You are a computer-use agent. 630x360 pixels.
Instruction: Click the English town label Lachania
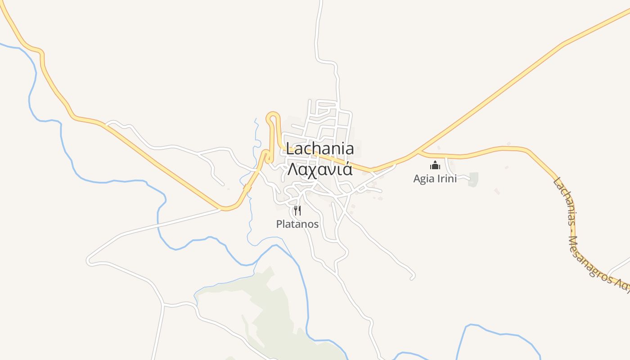click(x=320, y=149)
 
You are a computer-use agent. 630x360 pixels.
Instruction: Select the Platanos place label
click(x=297, y=224)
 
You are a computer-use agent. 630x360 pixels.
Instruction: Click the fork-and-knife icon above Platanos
click(x=297, y=210)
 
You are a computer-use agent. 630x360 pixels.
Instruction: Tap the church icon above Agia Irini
click(x=435, y=165)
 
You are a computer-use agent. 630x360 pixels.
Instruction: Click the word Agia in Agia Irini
click(x=423, y=179)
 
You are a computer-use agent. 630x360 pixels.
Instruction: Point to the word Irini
click(x=445, y=179)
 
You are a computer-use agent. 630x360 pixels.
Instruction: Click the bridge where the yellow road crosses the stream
click(x=247, y=188)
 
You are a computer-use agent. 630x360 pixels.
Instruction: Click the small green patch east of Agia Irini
click(x=473, y=179)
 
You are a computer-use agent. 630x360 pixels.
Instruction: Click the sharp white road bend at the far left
click(x=89, y=260)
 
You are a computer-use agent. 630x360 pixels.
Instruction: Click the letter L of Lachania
click(x=290, y=149)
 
